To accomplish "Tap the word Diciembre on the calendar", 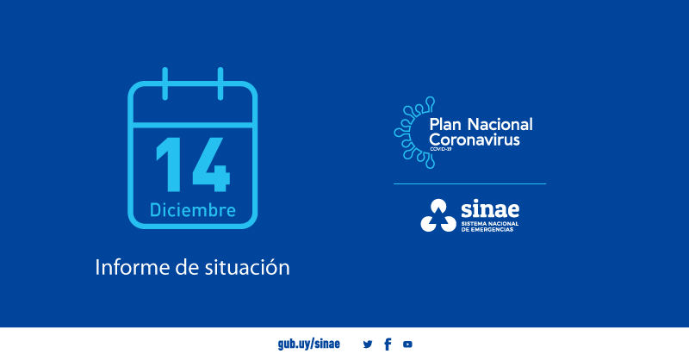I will click(193, 210).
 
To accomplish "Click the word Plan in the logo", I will click(446, 124).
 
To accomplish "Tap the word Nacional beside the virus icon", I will click(500, 124).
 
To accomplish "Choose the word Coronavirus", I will click(474, 140).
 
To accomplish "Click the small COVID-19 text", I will click(440, 149).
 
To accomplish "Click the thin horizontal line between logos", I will click(469, 183).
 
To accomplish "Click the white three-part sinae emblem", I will click(438, 215).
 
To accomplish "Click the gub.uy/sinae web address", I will click(308, 344).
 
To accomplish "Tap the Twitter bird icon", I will click(368, 344).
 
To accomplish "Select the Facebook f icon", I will click(388, 344).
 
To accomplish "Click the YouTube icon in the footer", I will click(407, 344).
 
